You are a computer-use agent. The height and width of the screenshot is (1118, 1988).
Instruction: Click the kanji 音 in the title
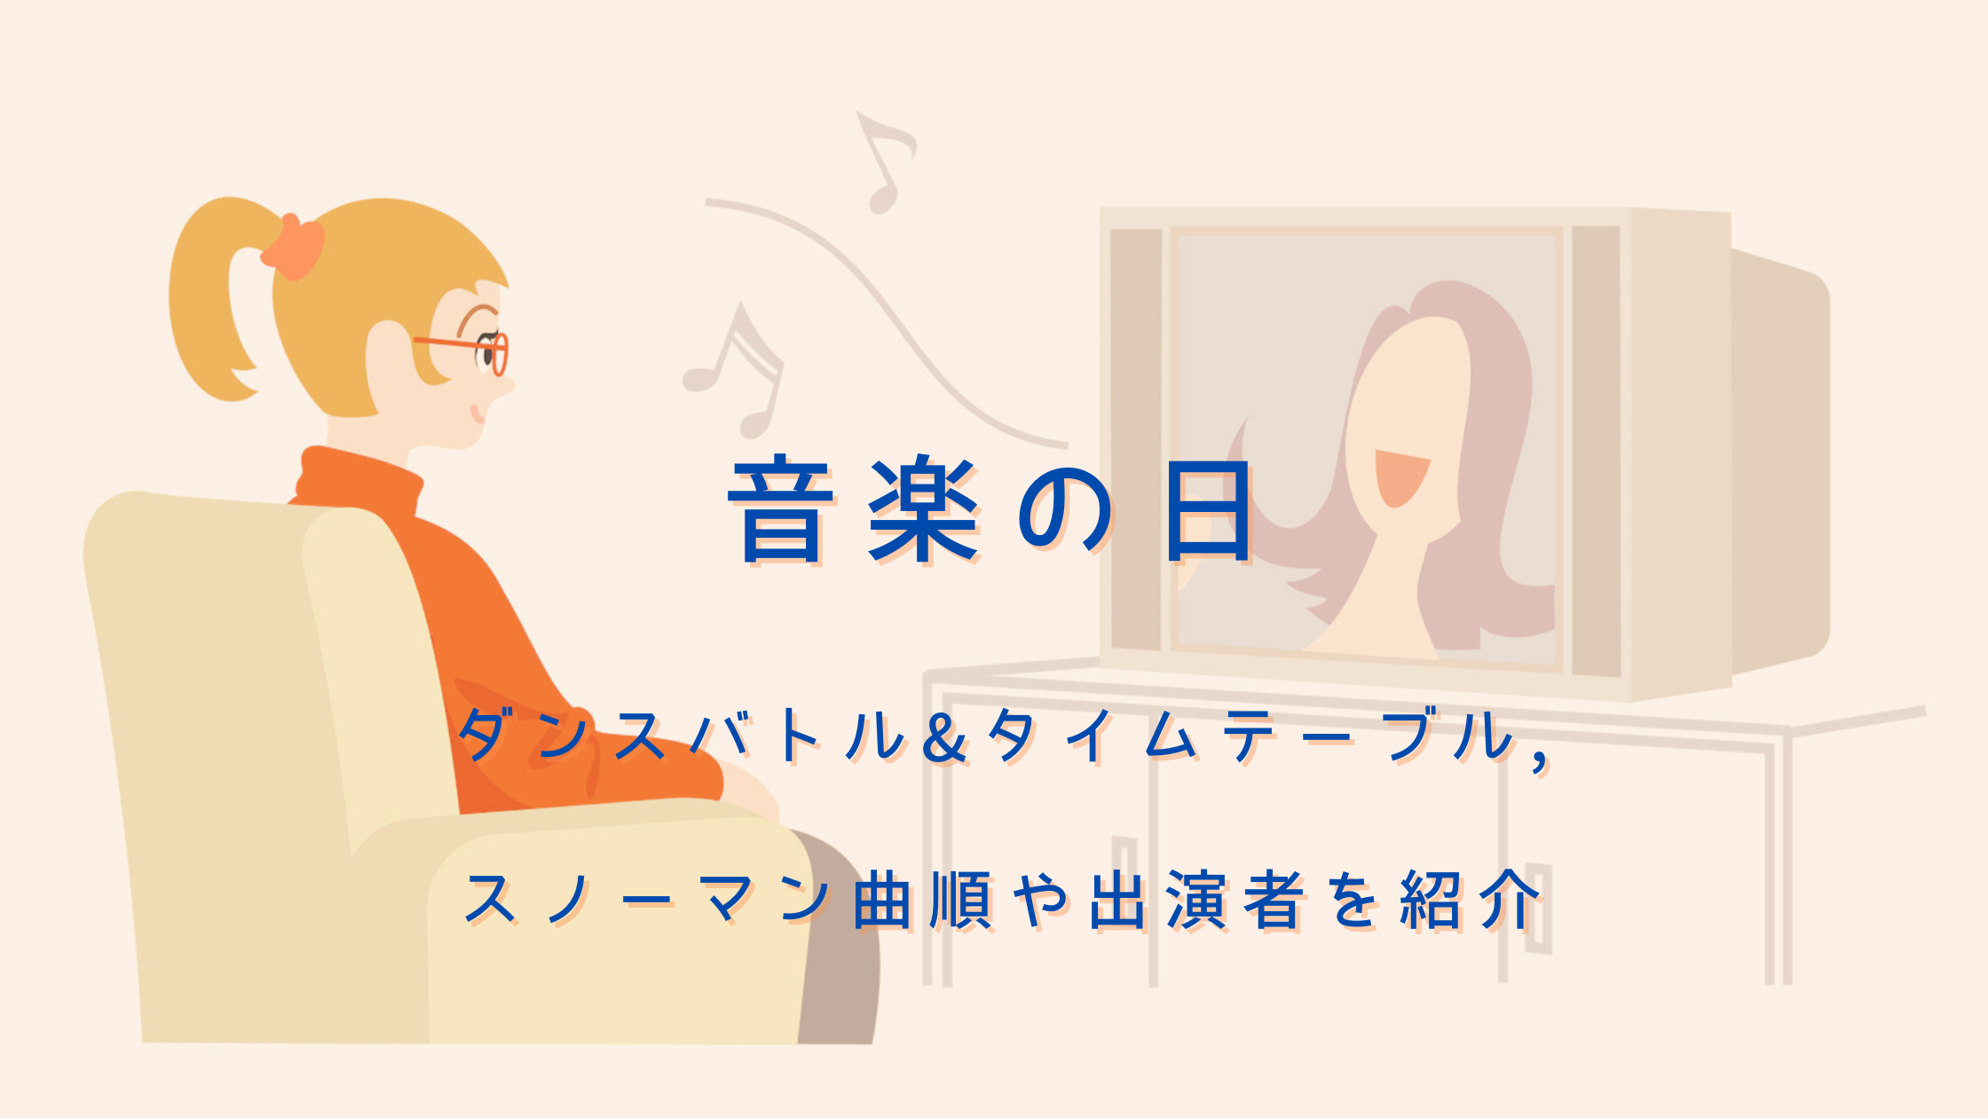pos(781,510)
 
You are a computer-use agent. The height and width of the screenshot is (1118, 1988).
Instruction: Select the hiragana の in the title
pos(1064,512)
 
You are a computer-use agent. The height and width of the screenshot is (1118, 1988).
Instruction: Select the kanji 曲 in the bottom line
pos(882,900)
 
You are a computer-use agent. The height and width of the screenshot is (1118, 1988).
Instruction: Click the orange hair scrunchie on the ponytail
pos(293,246)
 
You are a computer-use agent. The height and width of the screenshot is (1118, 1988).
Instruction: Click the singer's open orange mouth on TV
pos(1400,477)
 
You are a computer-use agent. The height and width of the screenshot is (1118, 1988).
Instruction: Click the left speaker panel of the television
pos(1136,439)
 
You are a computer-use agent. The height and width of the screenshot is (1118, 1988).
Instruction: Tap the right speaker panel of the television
pos(1596,451)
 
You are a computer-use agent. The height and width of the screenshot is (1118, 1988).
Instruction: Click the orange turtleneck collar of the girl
pos(359,479)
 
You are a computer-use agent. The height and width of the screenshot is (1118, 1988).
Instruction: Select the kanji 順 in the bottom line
pos(960,900)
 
